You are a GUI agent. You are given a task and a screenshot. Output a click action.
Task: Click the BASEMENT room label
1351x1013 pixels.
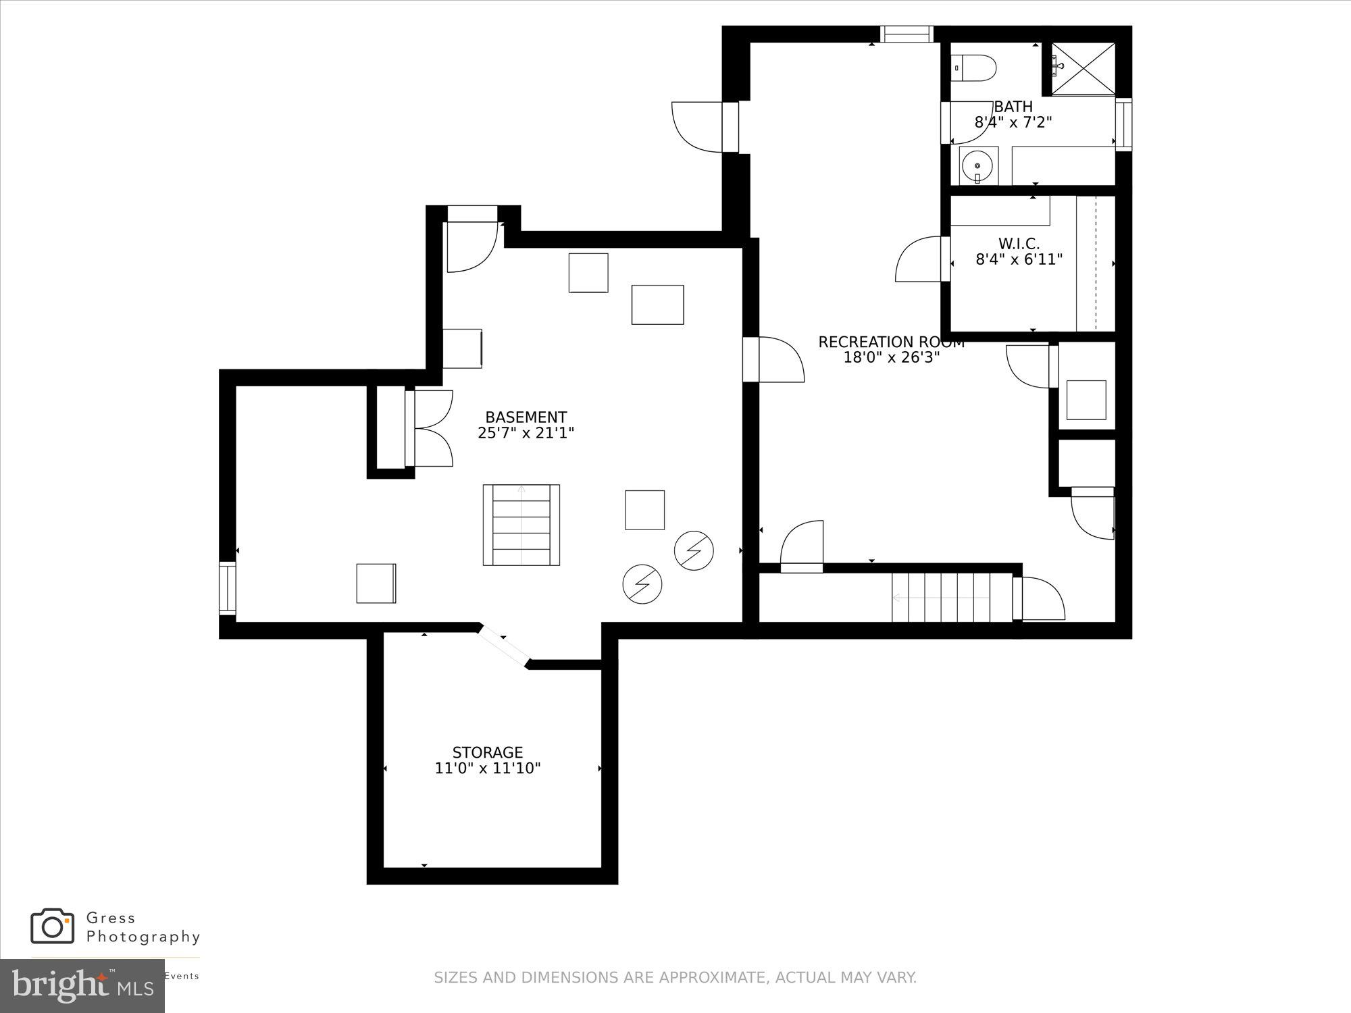(x=526, y=417)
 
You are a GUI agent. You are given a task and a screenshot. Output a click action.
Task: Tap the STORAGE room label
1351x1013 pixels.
(x=487, y=752)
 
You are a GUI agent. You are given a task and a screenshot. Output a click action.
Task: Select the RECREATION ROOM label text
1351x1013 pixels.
(x=891, y=342)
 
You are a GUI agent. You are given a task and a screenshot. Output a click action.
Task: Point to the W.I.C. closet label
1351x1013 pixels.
(x=1019, y=244)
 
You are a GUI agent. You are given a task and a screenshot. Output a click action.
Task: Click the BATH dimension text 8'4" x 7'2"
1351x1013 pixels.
(x=1013, y=122)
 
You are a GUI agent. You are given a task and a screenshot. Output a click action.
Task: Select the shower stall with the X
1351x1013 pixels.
(x=1083, y=68)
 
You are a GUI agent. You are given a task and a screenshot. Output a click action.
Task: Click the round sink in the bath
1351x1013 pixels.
(x=978, y=164)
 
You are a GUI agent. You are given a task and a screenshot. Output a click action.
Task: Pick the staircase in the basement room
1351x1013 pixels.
(x=521, y=525)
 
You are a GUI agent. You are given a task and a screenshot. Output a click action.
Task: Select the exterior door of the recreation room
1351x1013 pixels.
(x=703, y=127)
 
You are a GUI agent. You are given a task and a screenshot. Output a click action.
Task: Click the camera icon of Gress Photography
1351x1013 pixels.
(x=52, y=926)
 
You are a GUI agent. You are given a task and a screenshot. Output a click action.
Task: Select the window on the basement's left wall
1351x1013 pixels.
(x=228, y=588)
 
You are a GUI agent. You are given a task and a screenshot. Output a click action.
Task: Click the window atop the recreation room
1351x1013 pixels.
(x=906, y=34)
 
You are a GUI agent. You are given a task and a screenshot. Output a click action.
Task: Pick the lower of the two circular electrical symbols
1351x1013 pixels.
(x=642, y=583)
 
